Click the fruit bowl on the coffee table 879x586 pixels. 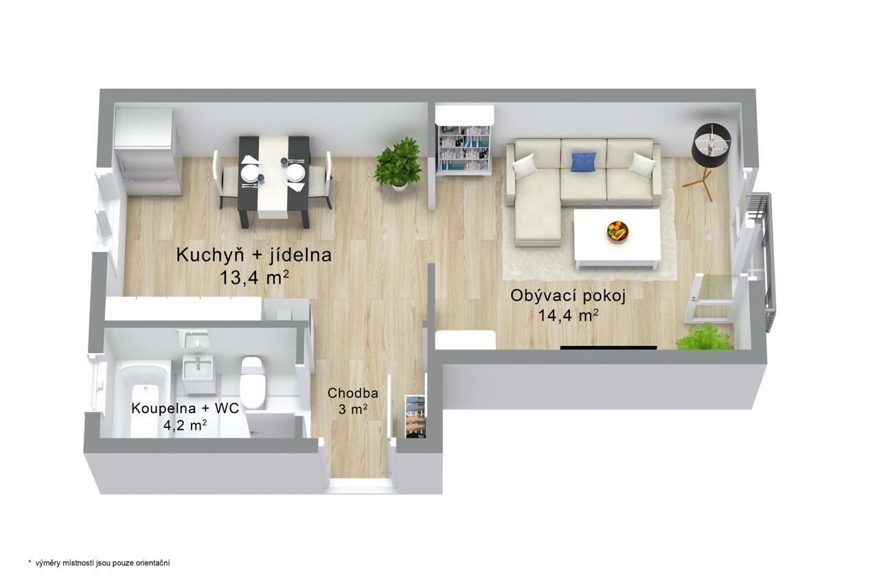617,232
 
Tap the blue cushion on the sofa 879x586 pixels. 584,163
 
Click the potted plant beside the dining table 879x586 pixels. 398,164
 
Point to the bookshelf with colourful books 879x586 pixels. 464,147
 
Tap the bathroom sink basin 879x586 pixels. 197,368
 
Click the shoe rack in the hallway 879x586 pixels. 415,416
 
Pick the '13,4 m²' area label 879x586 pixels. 254,278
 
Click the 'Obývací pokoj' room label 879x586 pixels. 568,296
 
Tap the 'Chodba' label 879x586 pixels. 353,393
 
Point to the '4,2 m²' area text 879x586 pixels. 185,425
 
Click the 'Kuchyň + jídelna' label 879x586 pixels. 254,255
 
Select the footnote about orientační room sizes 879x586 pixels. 99,563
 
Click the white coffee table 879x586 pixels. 617,238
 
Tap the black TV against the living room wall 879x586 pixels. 608,347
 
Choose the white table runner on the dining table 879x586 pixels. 273,177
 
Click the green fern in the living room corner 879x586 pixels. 705,337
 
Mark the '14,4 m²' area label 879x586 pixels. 568,315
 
